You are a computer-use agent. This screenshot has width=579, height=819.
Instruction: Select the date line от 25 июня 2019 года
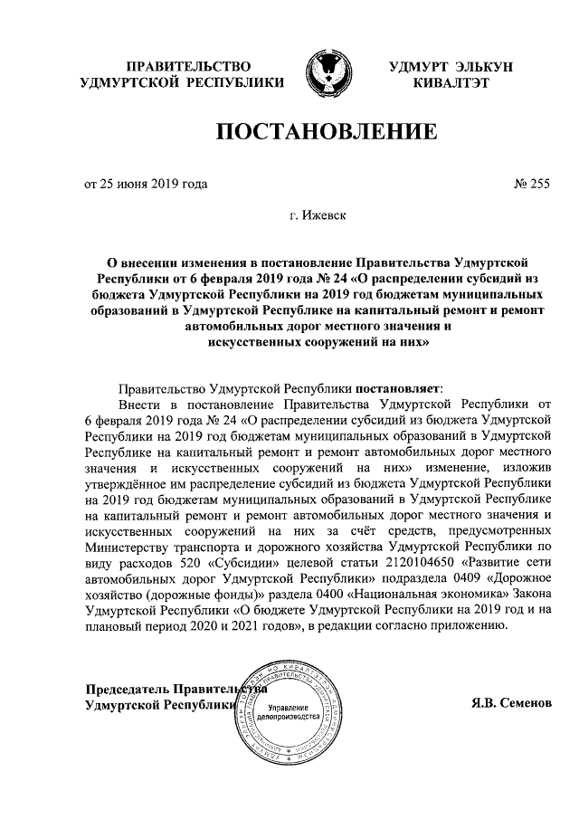tap(146, 185)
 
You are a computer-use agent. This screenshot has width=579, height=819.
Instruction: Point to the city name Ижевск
tap(331, 216)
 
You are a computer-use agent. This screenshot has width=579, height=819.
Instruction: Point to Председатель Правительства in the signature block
tap(172, 687)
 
